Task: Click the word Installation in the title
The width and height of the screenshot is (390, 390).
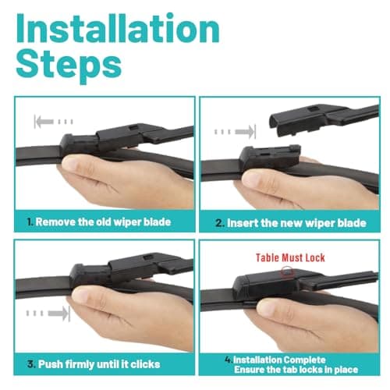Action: point(118,28)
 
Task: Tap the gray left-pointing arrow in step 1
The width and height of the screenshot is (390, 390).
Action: point(54,122)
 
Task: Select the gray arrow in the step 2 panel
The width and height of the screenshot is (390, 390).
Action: point(235,132)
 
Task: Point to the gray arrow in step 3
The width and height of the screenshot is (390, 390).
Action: point(48,314)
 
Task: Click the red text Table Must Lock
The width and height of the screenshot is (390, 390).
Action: point(290,257)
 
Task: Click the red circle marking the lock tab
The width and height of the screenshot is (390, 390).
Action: point(286,272)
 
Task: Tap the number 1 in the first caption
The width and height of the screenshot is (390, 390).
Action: point(30,222)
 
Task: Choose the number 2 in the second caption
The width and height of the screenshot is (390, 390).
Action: point(220,223)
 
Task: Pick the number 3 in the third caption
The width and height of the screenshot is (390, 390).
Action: point(31,364)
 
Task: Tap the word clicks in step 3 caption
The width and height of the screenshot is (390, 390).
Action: point(145,364)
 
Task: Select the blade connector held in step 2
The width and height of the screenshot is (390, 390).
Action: point(270,158)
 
